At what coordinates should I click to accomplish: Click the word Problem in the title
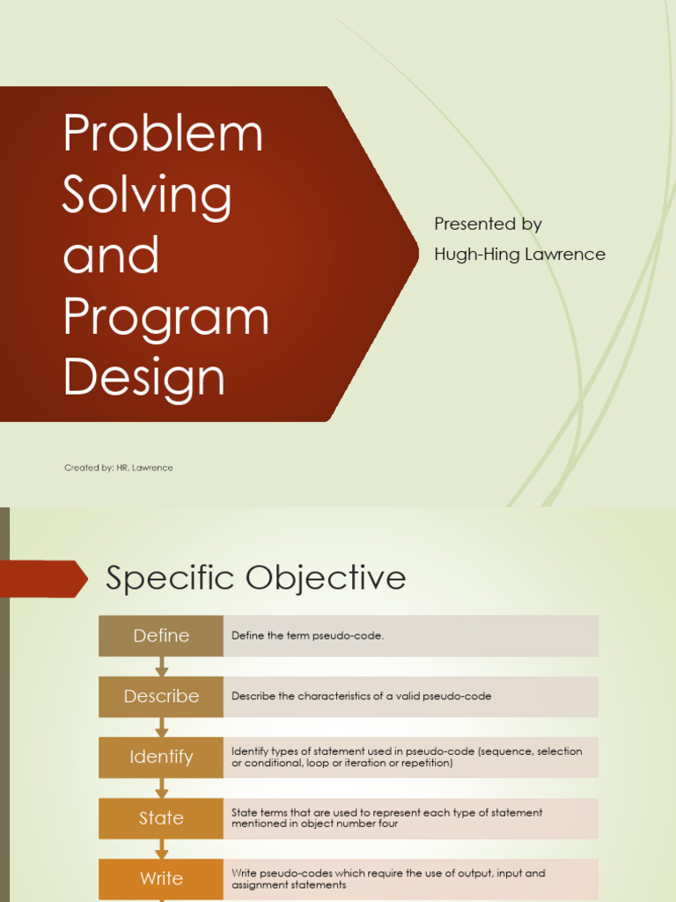163,134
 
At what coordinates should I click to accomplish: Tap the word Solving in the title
147,195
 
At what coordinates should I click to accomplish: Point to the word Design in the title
144,376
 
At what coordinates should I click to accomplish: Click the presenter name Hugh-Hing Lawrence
519,255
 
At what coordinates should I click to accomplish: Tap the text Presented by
488,225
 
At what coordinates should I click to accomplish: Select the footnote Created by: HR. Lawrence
118,468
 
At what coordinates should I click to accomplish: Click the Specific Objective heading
255,578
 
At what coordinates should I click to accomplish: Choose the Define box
161,636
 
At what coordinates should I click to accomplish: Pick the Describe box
161,696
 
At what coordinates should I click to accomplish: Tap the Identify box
161,757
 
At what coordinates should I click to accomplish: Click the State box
161,817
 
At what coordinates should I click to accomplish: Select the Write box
161,878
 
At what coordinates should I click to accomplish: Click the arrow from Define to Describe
162,666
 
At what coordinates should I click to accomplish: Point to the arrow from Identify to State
162,787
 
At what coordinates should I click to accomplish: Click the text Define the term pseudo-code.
307,636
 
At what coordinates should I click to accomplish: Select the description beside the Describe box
361,696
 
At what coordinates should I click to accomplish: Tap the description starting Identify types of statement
407,757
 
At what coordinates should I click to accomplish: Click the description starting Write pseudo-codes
388,878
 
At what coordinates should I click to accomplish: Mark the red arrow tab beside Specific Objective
44,579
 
